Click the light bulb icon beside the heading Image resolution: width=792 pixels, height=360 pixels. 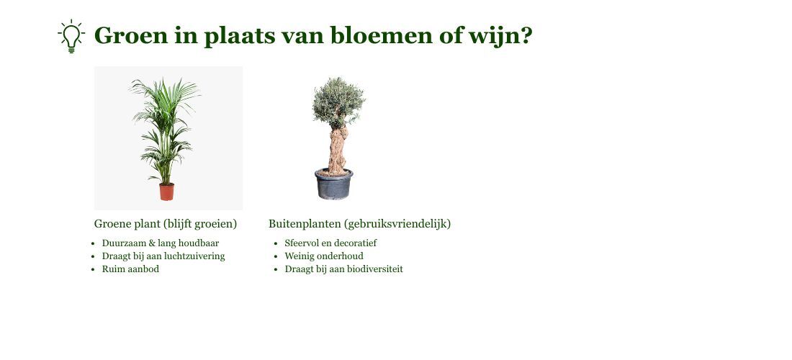[x=71, y=36]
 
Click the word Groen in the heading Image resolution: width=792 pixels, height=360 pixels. [x=131, y=35]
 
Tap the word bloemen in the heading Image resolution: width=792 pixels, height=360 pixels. [x=382, y=35]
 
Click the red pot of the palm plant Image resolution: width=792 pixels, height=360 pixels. [x=167, y=192]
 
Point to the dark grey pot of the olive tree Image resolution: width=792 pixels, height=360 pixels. [x=333, y=184]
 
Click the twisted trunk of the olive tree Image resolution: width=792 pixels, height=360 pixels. [x=338, y=150]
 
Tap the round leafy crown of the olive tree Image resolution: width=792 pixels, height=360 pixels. [x=338, y=102]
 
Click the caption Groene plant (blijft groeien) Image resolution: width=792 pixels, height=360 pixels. [x=165, y=224]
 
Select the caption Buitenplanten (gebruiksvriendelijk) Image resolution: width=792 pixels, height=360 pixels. [x=359, y=224]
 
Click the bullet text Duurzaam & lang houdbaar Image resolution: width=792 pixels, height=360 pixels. [x=161, y=243]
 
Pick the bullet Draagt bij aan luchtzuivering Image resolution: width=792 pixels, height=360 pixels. [x=163, y=256]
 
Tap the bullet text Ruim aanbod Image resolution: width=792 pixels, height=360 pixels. [x=130, y=269]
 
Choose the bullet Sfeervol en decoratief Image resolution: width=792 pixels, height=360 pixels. [x=330, y=243]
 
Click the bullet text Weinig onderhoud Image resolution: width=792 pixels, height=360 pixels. [x=324, y=256]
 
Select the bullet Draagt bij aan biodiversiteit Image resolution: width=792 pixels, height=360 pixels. [x=343, y=269]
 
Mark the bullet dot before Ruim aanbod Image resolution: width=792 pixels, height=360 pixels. [x=93, y=269]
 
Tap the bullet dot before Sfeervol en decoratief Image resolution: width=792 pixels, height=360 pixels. [x=276, y=243]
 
